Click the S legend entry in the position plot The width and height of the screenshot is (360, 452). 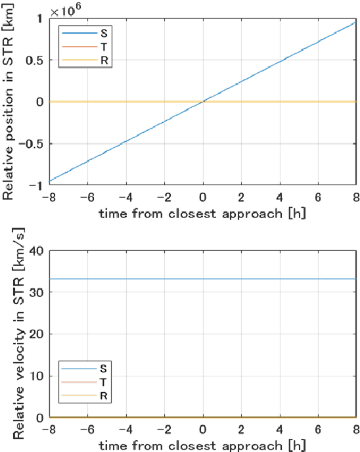(x=83, y=32)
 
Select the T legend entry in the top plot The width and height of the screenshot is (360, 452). (x=83, y=47)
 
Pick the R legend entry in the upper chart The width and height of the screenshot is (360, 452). (x=83, y=61)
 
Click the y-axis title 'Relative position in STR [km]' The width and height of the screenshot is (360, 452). (x=9, y=101)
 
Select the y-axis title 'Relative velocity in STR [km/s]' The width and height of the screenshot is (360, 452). (x=9, y=334)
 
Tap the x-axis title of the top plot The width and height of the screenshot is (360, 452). (x=202, y=213)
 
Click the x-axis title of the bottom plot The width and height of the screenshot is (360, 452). (x=202, y=445)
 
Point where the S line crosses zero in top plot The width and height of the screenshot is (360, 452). (x=202, y=102)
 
